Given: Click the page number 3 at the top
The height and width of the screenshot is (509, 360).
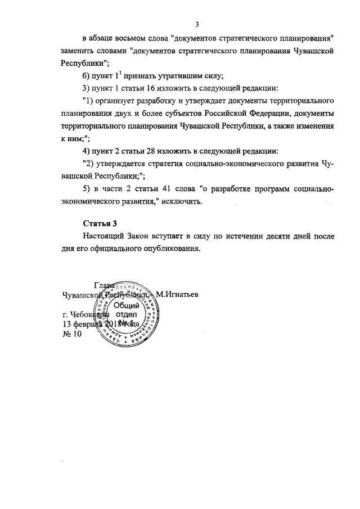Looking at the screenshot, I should click(x=197, y=24).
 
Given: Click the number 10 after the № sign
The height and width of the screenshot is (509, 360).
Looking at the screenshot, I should click(x=76, y=334).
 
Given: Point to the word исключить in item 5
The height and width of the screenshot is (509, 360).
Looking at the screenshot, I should click(x=181, y=201).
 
